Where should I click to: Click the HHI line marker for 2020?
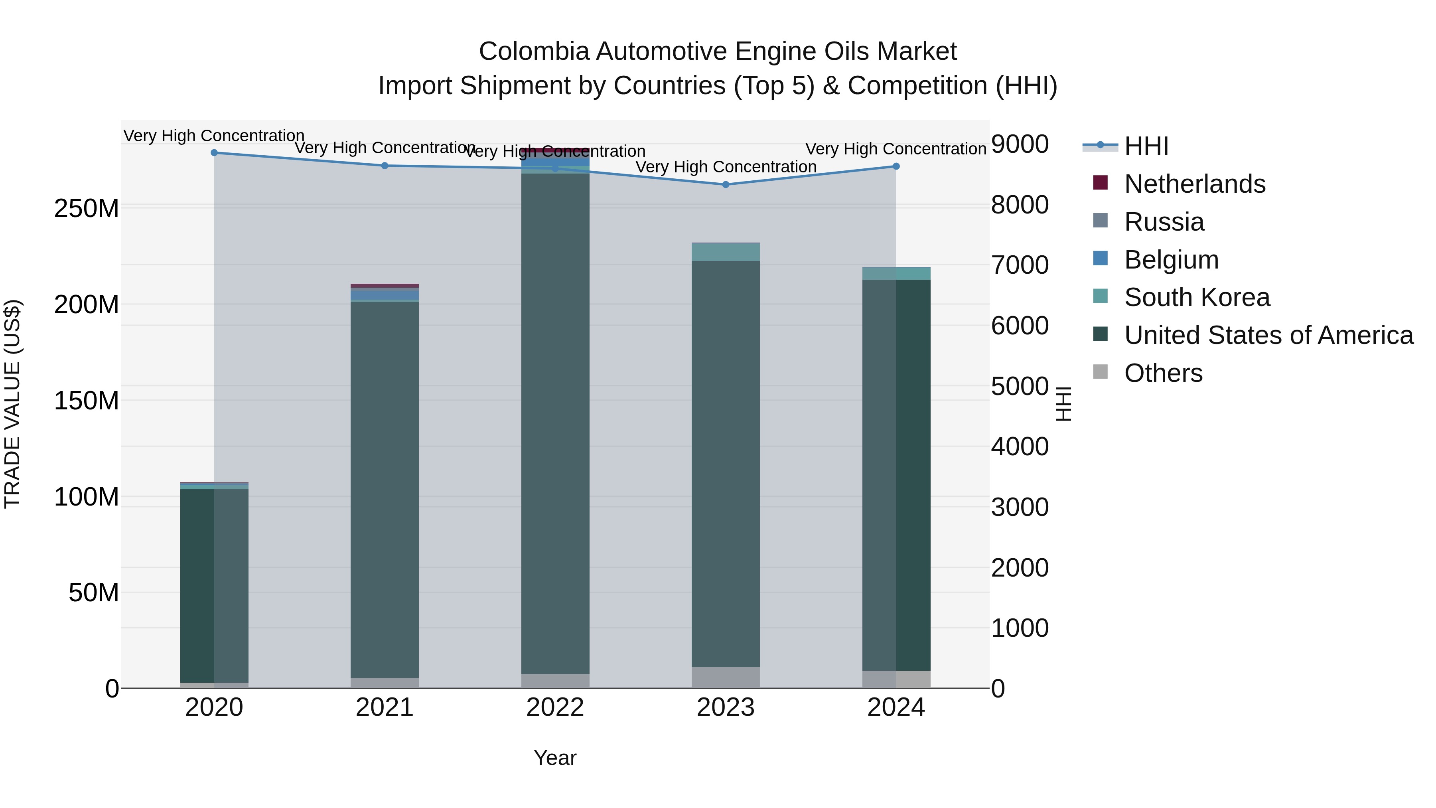click(214, 153)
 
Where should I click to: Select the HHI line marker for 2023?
click(725, 185)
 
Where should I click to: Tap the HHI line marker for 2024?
click(896, 166)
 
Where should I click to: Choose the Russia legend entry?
click(1164, 222)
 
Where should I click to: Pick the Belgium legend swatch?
click(1101, 259)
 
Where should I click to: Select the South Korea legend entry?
click(1197, 297)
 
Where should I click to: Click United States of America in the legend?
click(1268, 335)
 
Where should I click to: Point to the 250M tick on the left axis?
click(87, 209)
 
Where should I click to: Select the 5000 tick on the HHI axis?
click(1020, 386)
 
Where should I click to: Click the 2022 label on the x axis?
click(555, 707)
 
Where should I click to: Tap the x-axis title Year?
click(555, 758)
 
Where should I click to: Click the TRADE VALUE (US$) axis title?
click(12, 404)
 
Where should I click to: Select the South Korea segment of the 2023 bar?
click(725, 252)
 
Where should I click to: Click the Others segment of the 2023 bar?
click(725, 677)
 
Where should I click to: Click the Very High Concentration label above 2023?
click(725, 167)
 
